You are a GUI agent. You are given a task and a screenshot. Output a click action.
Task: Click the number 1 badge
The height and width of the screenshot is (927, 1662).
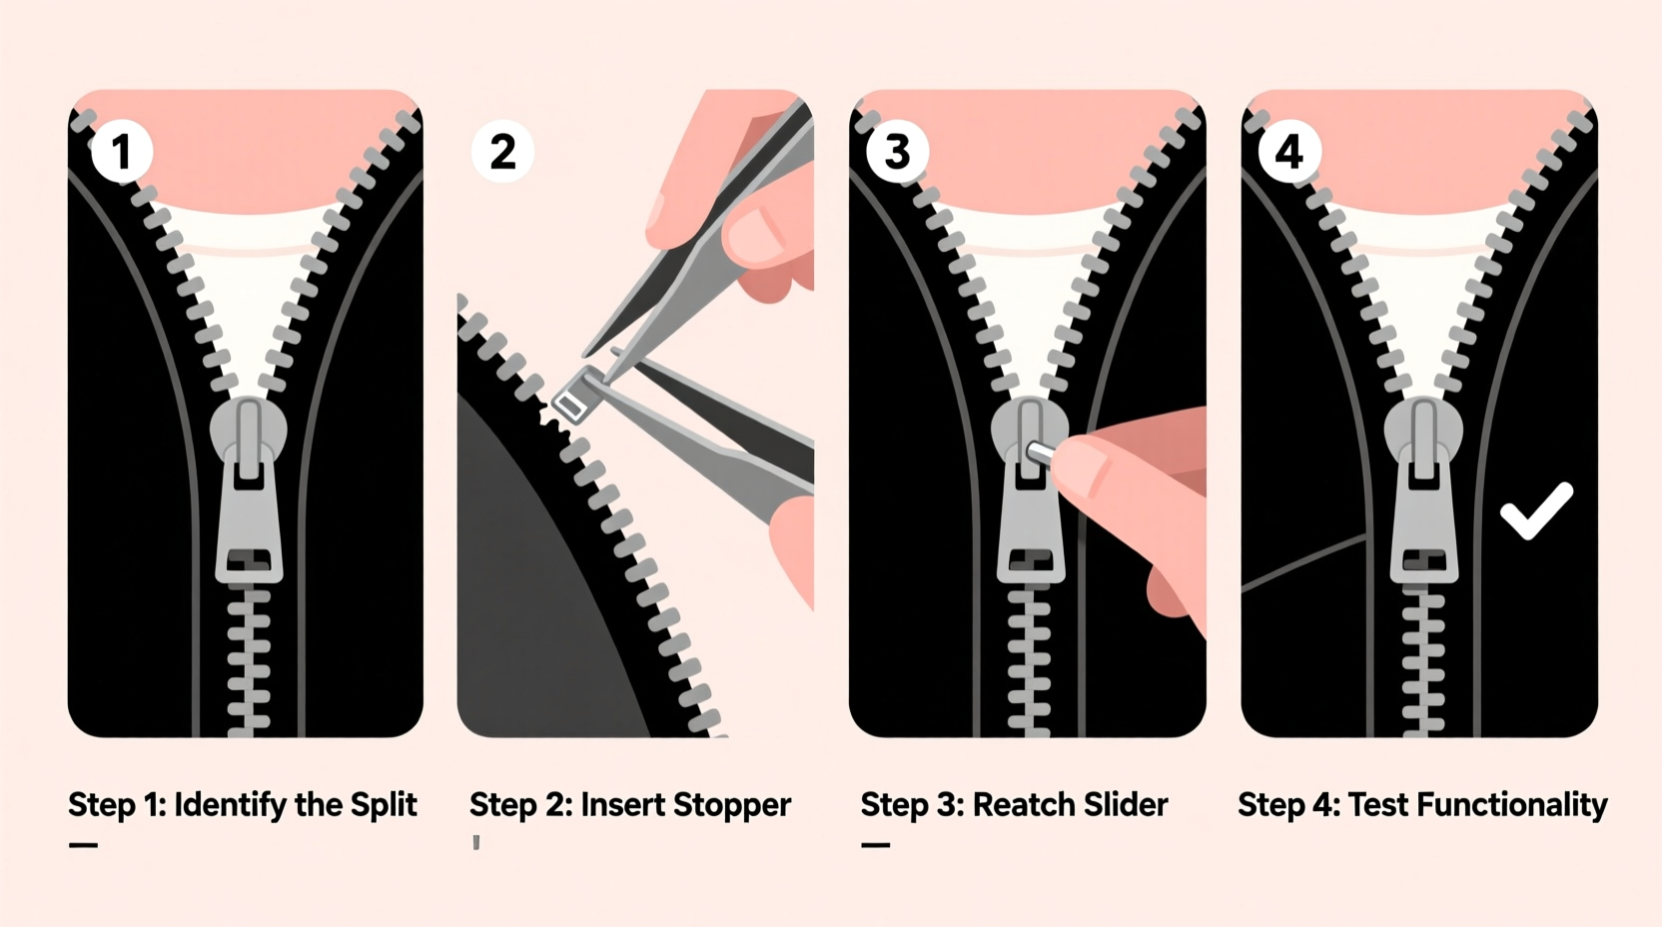[122, 152]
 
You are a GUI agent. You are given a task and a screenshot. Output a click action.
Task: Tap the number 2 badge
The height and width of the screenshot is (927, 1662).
[503, 152]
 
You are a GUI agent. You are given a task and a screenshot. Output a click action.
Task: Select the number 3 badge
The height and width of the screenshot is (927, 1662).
[897, 152]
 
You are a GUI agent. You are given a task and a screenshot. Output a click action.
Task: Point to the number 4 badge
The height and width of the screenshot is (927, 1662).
[1288, 152]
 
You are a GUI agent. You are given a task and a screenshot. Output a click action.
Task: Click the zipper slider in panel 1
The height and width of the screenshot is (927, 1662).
[249, 489]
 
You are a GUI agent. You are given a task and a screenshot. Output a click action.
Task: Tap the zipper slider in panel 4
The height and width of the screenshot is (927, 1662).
[1424, 489]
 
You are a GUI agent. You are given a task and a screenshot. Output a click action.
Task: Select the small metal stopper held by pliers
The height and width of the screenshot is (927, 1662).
[575, 396]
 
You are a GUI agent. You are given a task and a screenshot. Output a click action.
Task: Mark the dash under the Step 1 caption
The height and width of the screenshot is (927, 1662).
[83, 845]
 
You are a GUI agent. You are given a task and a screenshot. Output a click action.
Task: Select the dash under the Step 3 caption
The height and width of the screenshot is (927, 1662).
[876, 845]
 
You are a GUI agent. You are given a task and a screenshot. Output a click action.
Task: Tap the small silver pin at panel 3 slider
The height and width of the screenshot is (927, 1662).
[1039, 452]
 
